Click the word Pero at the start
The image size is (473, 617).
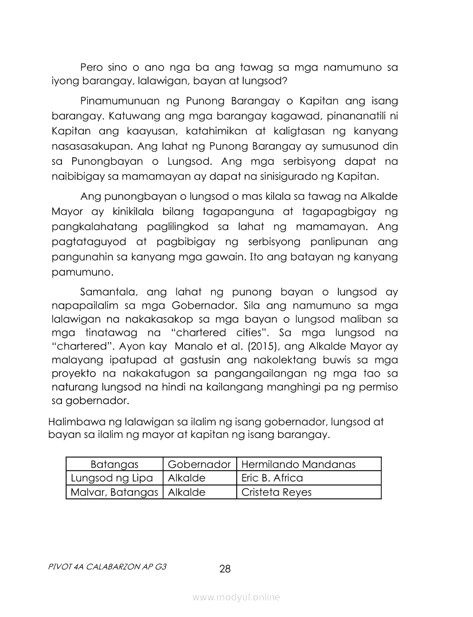tap(95, 67)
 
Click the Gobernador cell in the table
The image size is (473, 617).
tap(199, 464)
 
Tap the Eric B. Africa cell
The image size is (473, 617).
tap(272, 478)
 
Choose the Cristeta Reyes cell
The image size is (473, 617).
tap(277, 492)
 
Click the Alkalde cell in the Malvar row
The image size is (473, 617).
tap(186, 492)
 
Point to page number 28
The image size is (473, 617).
tap(225, 569)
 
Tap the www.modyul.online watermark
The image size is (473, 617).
tap(236, 597)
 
